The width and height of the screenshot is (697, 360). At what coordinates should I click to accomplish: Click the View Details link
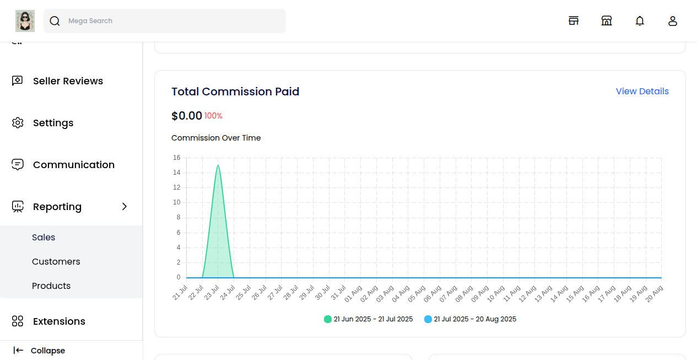[x=642, y=92]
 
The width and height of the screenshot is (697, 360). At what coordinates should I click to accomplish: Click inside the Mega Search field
[x=165, y=21]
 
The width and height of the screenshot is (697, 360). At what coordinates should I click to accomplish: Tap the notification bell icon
[x=640, y=21]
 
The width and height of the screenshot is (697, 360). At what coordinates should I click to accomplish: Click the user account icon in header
[x=673, y=21]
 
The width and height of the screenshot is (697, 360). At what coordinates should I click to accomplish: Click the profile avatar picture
[x=25, y=21]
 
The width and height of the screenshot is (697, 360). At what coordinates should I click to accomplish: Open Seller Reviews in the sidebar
[x=68, y=81]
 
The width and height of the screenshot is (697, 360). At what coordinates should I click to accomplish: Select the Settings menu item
[x=53, y=123]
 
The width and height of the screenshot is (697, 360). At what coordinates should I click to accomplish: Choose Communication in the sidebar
[x=73, y=165]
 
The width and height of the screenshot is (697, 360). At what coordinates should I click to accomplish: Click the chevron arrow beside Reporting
[x=124, y=207]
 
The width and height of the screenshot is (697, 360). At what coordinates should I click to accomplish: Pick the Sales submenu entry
[x=44, y=238]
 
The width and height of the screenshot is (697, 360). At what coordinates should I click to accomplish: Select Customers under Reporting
[x=56, y=262]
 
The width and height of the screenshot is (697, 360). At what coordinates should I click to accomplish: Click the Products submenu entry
[x=51, y=286]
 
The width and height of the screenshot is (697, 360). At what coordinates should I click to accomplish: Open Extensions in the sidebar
[x=59, y=321]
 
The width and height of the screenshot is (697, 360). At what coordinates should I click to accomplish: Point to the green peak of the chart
[x=218, y=165]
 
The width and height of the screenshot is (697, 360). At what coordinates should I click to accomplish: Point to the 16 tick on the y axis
[x=177, y=158]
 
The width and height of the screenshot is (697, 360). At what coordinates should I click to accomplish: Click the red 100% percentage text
[x=213, y=116]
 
